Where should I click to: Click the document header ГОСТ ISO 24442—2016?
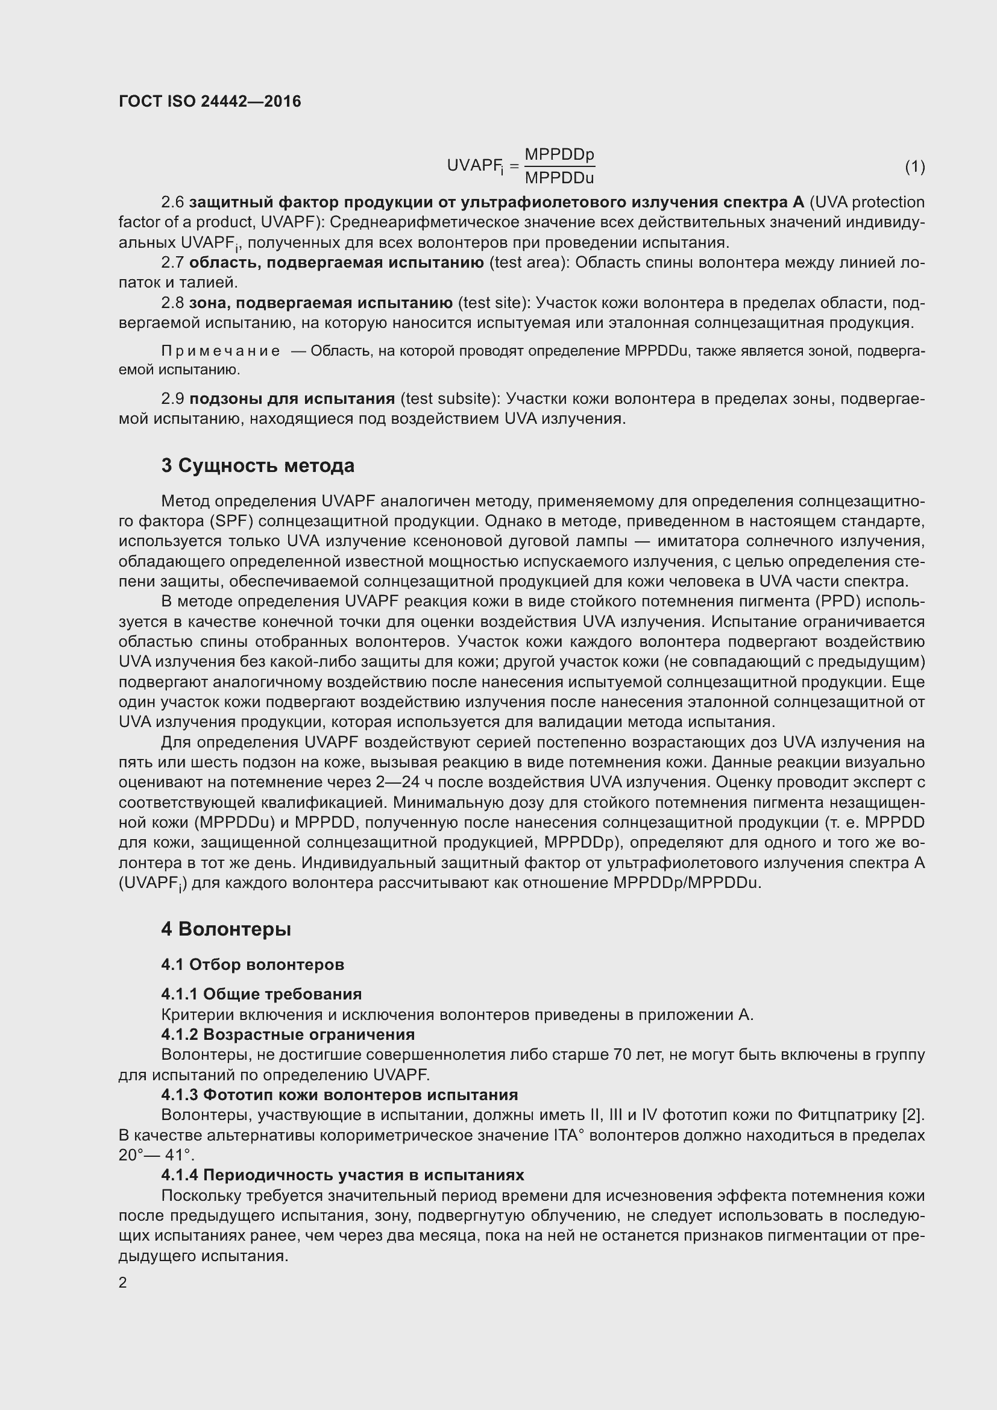click(210, 101)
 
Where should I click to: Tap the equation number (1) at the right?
click(915, 166)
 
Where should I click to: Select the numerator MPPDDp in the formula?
click(559, 154)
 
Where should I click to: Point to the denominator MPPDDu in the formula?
click(559, 178)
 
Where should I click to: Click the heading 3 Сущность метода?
click(258, 465)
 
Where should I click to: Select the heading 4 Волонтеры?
click(226, 929)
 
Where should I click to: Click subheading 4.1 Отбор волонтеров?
click(253, 964)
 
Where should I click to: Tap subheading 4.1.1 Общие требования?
click(261, 993)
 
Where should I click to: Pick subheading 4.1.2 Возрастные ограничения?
click(288, 1034)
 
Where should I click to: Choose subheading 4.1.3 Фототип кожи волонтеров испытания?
click(339, 1094)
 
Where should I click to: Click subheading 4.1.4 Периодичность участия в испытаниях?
click(342, 1175)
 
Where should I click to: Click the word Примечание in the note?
click(221, 351)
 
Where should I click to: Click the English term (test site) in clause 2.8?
click(494, 303)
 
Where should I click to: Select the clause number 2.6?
click(172, 202)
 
